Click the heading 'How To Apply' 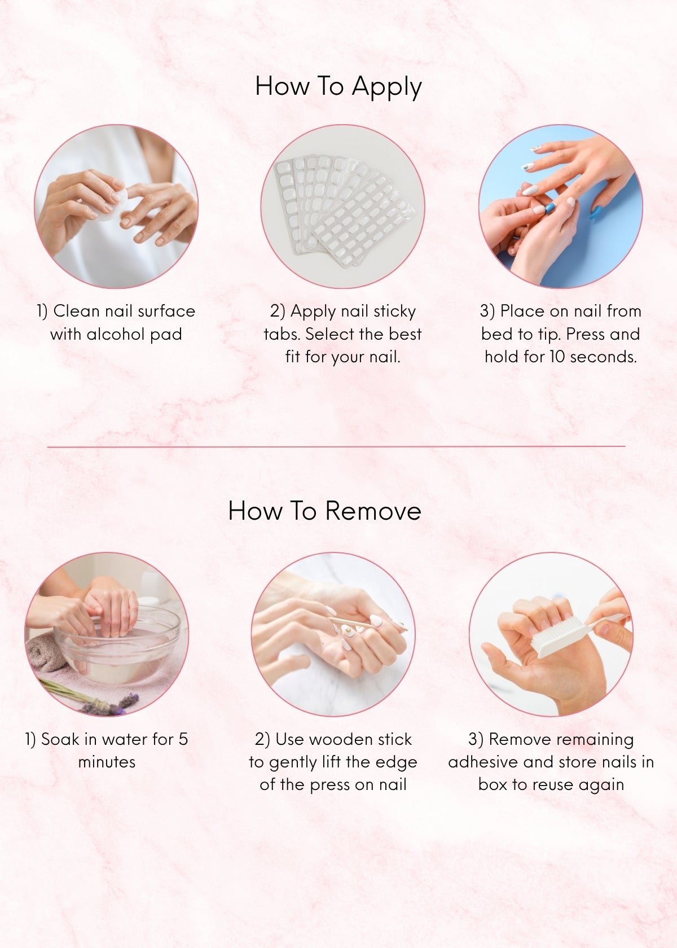tap(338, 87)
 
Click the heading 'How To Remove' tap(325, 510)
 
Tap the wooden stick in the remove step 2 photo tap(367, 625)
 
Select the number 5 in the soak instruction tap(183, 739)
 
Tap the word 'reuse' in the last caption tap(553, 785)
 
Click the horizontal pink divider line tap(336, 446)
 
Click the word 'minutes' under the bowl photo tap(107, 762)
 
